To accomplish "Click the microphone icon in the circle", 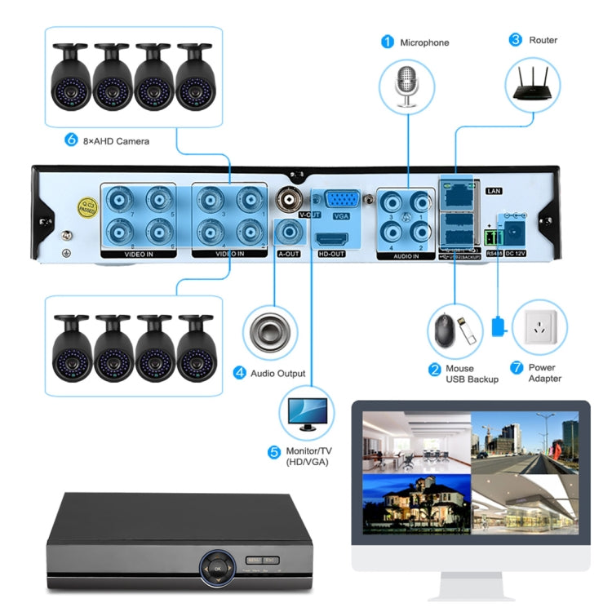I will [x=406, y=86].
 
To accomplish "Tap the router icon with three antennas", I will [x=534, y=85].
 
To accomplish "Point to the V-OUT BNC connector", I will [x=290, y=199].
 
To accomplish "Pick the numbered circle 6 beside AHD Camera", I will [x=70, y=140].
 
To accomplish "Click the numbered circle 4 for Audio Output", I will [x=240, y=373].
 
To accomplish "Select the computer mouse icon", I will [x=443, y=330].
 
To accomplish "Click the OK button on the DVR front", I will [x=217, y=565].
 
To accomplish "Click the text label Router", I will [x=543, y=40].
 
